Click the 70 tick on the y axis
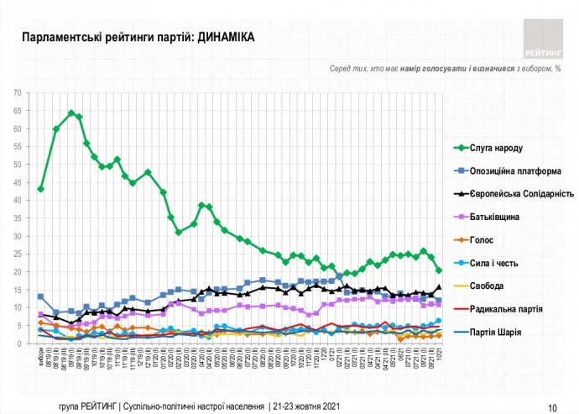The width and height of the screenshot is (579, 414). coord(17,93)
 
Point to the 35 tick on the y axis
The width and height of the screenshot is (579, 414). coord(17,218)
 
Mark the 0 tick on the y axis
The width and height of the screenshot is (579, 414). coord(19,343)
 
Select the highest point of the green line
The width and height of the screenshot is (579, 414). coord(71,113)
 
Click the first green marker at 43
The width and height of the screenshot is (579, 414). coord(40,189)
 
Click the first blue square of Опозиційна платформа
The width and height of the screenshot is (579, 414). coord(40,296)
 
